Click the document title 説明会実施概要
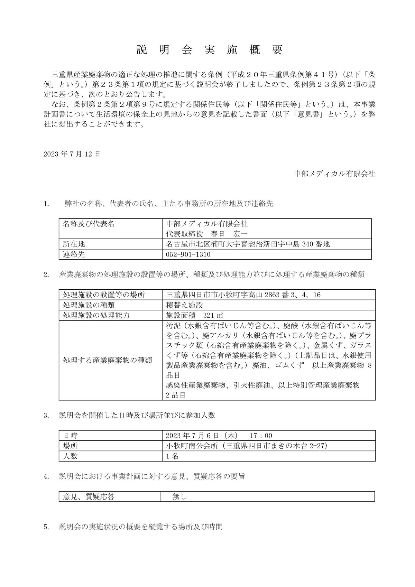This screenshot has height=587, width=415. (x=210, y=50)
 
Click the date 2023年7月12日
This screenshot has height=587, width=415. (x=72, y=154)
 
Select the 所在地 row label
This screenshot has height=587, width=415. (x=74, y=244)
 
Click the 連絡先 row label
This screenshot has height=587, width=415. (x=74, y=255)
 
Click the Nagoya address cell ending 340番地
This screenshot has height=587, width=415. (x=248, y=244)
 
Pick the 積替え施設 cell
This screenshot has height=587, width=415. (x=184, y=305)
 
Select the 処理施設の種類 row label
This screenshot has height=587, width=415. (x=89, y=305)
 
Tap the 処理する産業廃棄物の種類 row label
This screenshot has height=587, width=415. (x=108, y=360)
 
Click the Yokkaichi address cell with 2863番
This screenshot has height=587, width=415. (x=243, y=295)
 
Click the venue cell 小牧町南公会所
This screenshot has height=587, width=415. (x=247, y=446)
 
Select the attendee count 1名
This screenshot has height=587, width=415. (x=172, y=456)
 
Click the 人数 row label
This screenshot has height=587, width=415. (x=70, y=456)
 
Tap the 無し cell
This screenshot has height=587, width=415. (x=179, y=497)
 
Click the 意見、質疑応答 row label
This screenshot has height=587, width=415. (x=89, y=497)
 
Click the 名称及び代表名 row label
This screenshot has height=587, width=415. (x=89, y=224)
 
